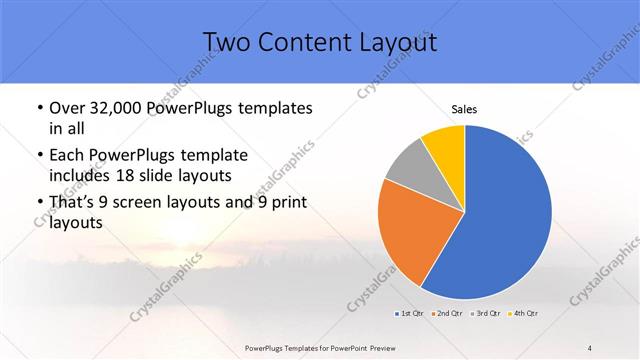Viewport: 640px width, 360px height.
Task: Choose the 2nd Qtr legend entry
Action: pyautogui.click(x=446, y=314)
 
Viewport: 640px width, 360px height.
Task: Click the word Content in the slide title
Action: pyautogui.click(x=299, y=42)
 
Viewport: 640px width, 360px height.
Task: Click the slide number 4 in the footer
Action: pyautogui.click(x=590, y=348)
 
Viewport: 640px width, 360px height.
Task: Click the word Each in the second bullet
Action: pyautogui.click(x=66, y=156)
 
